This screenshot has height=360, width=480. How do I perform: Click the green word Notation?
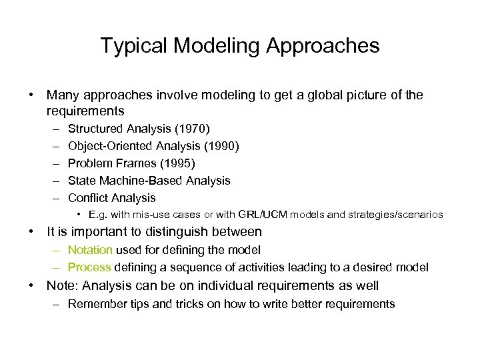point(91,250)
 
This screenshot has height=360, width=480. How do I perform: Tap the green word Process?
point(89,267)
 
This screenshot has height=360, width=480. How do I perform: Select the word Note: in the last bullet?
point(62,286)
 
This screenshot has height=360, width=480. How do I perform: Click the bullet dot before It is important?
point(31,232)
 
